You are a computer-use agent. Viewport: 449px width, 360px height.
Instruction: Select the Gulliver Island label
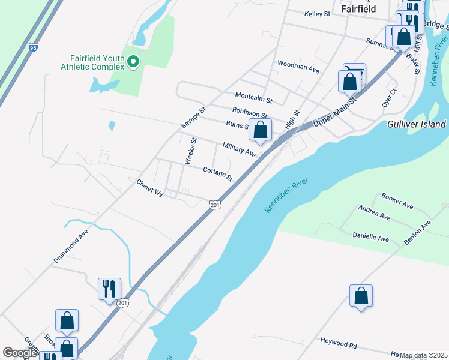pos(417,124)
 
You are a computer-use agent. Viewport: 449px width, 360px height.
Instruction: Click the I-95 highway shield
pos(32,47)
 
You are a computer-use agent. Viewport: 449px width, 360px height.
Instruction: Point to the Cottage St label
pos(217,173)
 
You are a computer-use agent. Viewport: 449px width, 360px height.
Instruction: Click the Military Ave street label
pos(239,149)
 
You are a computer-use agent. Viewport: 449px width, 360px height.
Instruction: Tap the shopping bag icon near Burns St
pos(260,130)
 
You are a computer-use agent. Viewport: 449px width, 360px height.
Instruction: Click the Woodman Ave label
pos(298,66)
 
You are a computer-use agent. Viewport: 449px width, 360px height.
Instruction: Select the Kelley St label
pos(318,13)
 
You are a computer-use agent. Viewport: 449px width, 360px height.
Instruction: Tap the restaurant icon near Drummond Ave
pos(109,289)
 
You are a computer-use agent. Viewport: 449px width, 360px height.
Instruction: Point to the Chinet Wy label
pos(150,188)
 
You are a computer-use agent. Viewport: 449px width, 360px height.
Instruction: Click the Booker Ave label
pos(397,201)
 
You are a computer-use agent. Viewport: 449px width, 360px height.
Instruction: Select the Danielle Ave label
pos(370,238)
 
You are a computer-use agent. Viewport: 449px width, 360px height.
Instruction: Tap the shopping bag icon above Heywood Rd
pos(361,296)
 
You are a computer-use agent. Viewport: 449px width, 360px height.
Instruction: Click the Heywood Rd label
pos(339,344)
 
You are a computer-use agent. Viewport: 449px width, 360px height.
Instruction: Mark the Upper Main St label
pos(335,112)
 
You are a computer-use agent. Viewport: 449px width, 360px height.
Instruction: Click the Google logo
pos(20,353)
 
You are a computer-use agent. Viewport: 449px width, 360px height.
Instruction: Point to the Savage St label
pos(194,118)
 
